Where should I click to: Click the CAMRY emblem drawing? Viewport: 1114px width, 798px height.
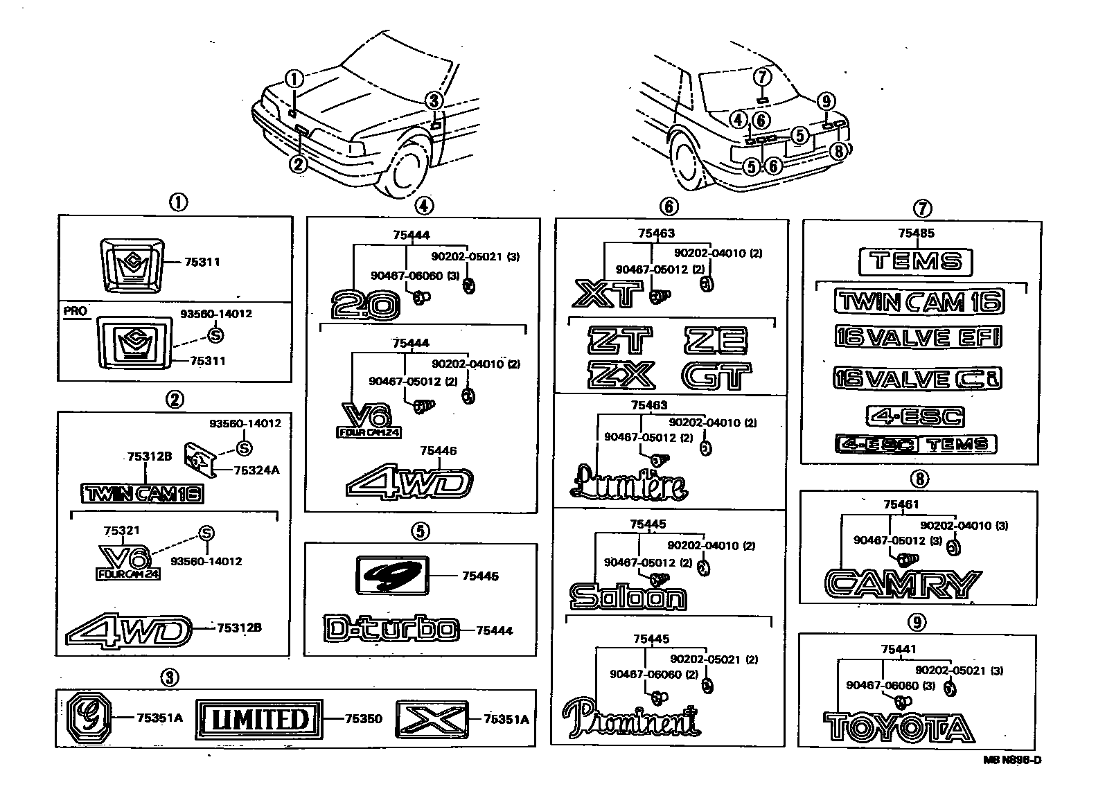903,584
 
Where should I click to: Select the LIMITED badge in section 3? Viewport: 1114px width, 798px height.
259,719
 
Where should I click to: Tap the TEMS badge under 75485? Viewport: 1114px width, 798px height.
915,262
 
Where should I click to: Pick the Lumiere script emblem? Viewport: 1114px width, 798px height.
628,484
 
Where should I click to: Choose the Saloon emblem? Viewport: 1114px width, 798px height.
628,596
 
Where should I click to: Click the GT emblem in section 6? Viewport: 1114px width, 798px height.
716,376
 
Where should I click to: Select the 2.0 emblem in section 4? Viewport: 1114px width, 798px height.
365,305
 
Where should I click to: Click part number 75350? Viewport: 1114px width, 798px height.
363,719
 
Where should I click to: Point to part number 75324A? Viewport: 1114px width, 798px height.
256,470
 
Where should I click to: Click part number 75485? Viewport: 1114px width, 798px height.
914,233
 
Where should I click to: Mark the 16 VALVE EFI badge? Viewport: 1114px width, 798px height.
917,337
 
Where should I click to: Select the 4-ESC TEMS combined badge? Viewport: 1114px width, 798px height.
915,445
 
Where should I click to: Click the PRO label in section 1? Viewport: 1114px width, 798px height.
76,311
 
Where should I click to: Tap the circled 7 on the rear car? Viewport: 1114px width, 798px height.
761,76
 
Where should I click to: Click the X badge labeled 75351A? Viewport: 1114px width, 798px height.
432,719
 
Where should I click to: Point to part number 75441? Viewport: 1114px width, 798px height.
898,649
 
